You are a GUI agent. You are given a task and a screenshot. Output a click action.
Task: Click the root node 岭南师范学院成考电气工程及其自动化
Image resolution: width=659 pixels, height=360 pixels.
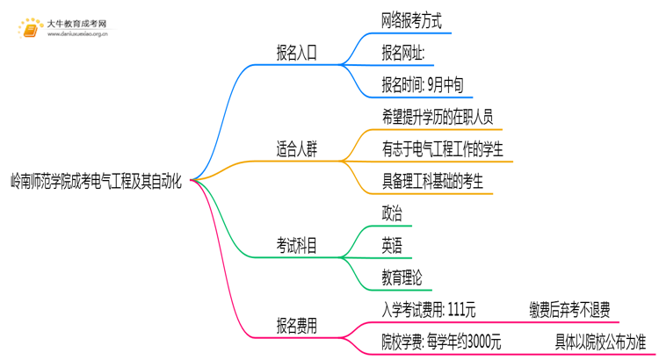pyautogui.click(x=97, y=181)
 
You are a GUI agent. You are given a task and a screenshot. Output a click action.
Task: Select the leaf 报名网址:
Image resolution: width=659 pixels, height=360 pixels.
pyautogui.click(x=403, y=53)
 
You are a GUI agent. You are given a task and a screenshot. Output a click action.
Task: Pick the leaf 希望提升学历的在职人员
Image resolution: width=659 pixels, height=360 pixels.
pyautogui.click(x=438, y=115)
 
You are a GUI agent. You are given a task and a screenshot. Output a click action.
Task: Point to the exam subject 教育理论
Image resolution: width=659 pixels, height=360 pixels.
pyautogui.click(x=402, y=277)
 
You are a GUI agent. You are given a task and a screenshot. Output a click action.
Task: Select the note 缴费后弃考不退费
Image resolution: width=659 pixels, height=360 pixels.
pyautogui.click(x=569, y=308)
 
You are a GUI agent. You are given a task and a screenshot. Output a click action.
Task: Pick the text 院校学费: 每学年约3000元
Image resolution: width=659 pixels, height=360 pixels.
pyautogui.click(x=441, y=341)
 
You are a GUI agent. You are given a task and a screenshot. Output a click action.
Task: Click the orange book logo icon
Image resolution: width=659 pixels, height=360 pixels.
pyautogui.click(x=30, y=28)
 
